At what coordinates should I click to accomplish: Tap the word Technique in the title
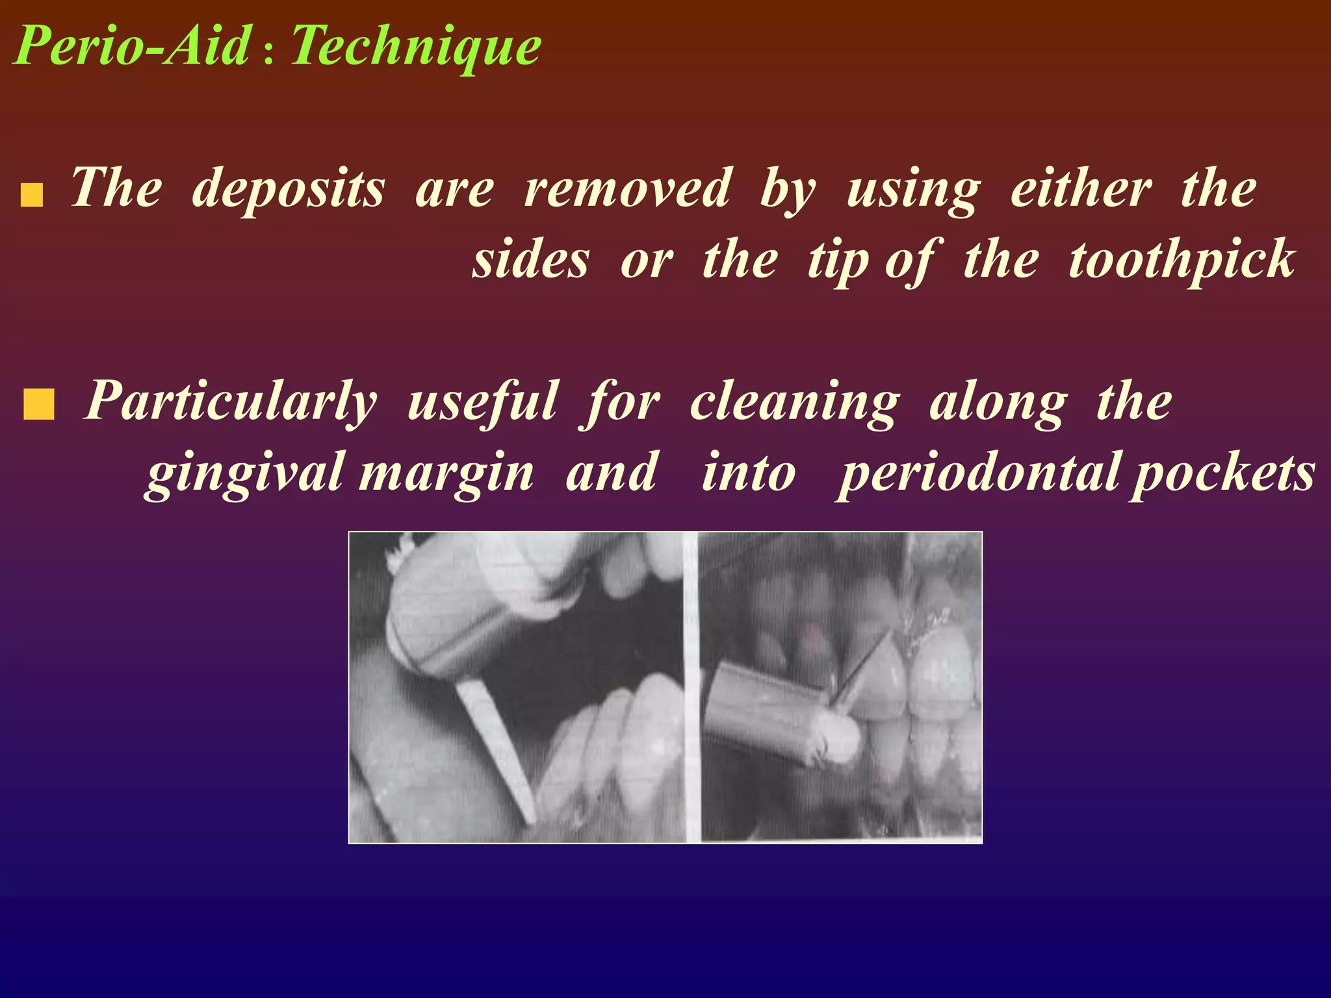(416, 47)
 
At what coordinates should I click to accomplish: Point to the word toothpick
(1182, 261)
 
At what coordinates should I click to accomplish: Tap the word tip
(838, 261)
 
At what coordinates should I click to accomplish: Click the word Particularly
(231, 402)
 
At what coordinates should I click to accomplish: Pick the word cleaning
(795, 403)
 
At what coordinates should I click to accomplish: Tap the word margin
(446, 474)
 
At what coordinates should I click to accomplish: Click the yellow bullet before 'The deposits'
(32, 195)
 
